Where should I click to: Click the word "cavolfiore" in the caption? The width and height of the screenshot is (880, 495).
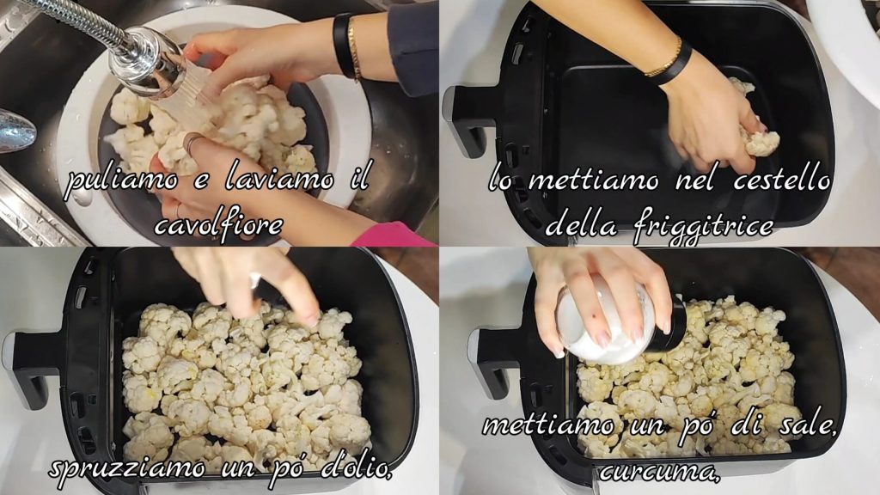pyautogui.click(x=218, y=225)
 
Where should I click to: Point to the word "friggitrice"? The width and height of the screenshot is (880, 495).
pyautogui.click(x=703, y=227)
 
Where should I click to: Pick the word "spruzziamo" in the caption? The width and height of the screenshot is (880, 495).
pyautogui.click(x=127, y=468)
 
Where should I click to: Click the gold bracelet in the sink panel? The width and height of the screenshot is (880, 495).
pyautogui.click(x=353, y=48)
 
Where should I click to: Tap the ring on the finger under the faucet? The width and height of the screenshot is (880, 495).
pyautogui.click(x=191, y=144)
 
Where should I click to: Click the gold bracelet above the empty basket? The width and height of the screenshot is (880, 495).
pyautogui.click(x=664, y=58)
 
